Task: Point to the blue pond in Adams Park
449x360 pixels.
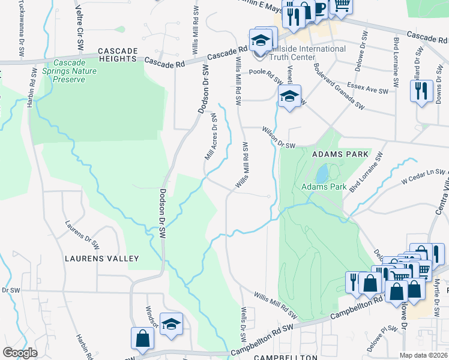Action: [x=322, y=173]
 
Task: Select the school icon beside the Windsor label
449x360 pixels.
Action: [x=171, y=323]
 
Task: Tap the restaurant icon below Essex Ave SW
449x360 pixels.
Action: [x=421, y=91]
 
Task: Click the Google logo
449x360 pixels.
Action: [x=20, y=353]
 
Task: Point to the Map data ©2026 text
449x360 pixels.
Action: [x=424, y=355]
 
